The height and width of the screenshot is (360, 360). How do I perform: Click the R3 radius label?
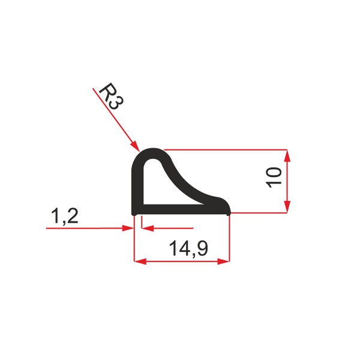click(x=112, y=97)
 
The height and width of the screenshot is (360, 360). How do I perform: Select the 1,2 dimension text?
click(x=65, y=216)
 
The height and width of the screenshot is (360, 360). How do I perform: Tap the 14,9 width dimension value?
click(x=188, y=248)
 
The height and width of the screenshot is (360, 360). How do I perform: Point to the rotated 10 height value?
click(x=274, y=178)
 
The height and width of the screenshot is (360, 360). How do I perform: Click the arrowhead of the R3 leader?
click(x=135, y=146)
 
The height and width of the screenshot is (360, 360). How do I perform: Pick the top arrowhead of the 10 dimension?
click(x=287, y=156)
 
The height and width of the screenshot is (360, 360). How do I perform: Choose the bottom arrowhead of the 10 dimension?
click(x=287, y=206)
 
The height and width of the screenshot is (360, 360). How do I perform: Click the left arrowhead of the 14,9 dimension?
click(x=140, y=261)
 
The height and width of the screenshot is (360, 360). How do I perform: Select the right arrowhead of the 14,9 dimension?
click(x=223, y=261)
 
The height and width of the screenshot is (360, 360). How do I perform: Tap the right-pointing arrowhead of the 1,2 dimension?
click(x=128, y=228)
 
